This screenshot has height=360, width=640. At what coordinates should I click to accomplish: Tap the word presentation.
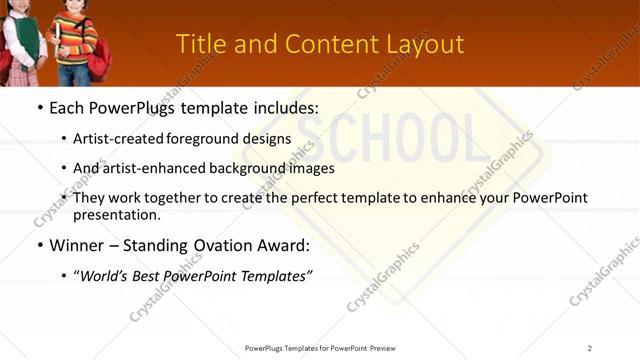(x=118, y=214)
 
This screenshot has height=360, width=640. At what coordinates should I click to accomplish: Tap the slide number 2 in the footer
(x=590, y=348)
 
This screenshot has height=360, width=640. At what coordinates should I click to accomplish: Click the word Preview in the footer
(x=389, y=348)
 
